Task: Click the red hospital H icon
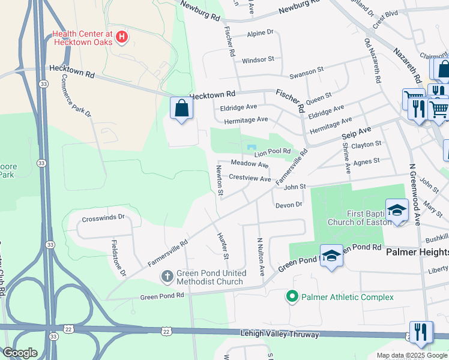pyautogui.click(x=122, y=37)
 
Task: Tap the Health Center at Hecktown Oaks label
pyautogui.click(x=82, y=37)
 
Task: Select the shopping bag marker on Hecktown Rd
pyautogui.click(x=181, y=109)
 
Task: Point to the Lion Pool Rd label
pyautogui.click(x=273, y=153)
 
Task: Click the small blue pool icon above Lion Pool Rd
pyautogui.click(x=251, y=148)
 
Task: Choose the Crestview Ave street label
pyautogui.click(x=250, y=178)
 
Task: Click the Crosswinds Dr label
pyautogui.click(x=103, y=217)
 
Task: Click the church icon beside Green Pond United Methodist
pyautogui.click(x=167, y=277)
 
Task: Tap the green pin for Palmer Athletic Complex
pyautogui.click(x=292, y=296)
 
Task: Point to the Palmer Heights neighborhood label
pyautogui.click(x=417, y=252)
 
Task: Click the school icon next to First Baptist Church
pyautogui.click(x=396, y=210)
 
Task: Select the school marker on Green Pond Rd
pyautogui.click(x=331, y=256)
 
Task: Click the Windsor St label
pyautogui.click(x=258, y=60)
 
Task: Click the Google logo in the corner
pyautogui.click(x=20, y=353)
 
